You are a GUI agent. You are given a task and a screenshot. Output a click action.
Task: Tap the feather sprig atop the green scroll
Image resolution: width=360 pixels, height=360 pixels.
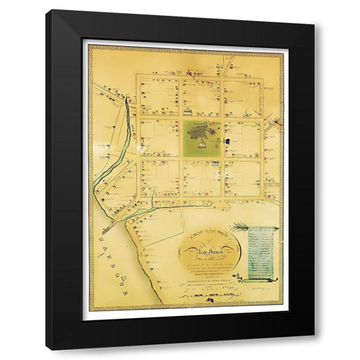241,226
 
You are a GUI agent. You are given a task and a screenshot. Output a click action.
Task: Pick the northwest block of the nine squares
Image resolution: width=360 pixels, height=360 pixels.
159,96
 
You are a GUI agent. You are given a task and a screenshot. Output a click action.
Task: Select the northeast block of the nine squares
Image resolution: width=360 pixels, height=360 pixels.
242,96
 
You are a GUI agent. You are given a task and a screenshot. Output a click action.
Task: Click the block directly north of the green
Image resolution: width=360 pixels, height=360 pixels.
201,96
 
